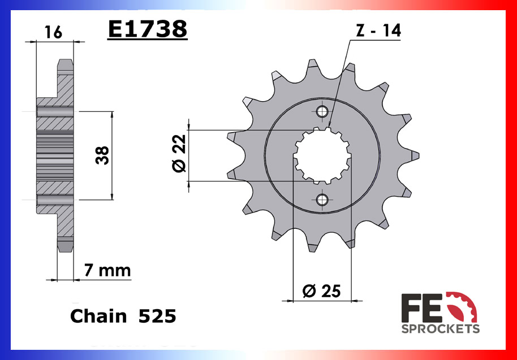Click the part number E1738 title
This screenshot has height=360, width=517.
point(147,29)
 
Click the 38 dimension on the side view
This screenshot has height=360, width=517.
point(102,155)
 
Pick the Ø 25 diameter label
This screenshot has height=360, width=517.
point(321,291)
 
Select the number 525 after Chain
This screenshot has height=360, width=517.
point(157,316)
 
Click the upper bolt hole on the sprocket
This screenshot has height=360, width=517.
point(322,111)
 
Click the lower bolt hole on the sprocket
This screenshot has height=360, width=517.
point(322,199)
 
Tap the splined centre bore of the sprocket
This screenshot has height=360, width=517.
point(322,155)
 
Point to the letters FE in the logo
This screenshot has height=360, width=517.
point(422,308)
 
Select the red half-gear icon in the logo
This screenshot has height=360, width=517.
point(462,306)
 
